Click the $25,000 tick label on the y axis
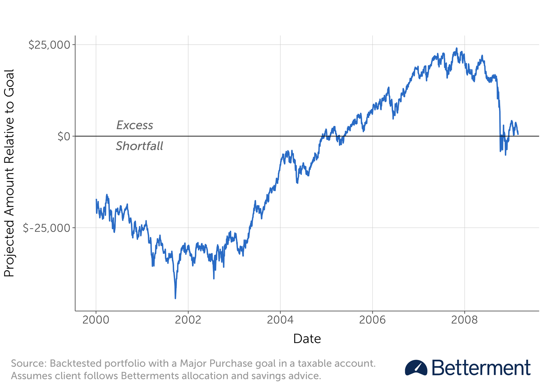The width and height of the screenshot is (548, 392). (x=49, y=45)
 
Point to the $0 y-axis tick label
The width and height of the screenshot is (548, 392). (x=64, y=136)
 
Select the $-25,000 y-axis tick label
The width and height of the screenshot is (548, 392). (x=46, y=228)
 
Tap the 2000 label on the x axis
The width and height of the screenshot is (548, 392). (x=96, y=320)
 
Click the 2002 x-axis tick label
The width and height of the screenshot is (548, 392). (x=188, y=320)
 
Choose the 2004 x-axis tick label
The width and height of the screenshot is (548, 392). (x=280, y=320)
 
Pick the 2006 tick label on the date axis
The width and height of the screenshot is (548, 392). (x=372, y=320)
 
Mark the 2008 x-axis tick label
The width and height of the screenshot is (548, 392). (x=464, y=320)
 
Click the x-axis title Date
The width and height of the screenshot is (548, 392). (x=307, y=339)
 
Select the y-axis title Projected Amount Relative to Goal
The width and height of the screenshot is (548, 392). (x=9, y=173)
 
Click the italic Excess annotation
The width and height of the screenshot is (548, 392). (x=135, y=125)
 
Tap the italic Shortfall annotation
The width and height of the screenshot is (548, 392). (x=139, y=146)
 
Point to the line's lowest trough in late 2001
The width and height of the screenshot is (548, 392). (x=175, y=298)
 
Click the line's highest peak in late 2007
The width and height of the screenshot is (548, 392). (x=457, y=49)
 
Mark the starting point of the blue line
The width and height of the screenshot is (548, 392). (x=96, y=199)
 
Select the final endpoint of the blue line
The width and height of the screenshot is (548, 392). (x=518, y=134)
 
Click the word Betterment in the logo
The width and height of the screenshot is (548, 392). (x=481, y=368)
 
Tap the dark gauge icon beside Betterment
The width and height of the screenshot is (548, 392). (x=416, y=368)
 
